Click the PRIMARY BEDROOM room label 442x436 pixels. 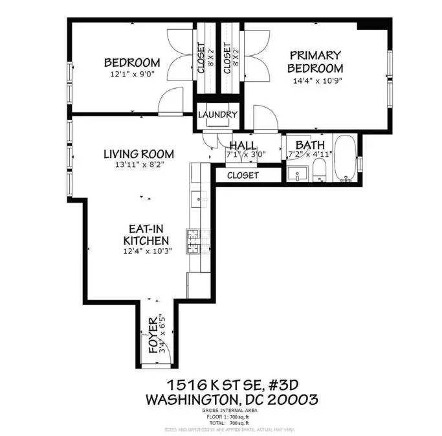point(315,62)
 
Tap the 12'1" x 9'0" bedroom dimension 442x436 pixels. point(132,74)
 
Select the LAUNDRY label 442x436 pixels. point(218,115)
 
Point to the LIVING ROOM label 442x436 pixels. point(138,154)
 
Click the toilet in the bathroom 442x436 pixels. point(318,170)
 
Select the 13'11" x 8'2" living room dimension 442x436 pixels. point(138,165)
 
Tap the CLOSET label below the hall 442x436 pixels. point(243,176)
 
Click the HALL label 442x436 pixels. point(243,146)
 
